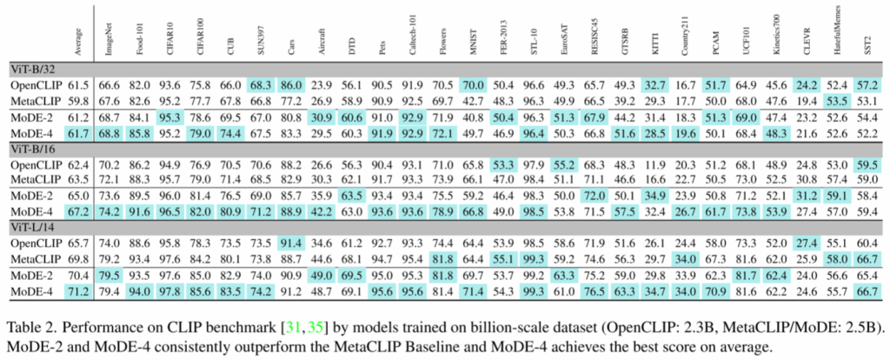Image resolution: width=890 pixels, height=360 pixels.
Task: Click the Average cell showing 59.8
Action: (x=78, y=101)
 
